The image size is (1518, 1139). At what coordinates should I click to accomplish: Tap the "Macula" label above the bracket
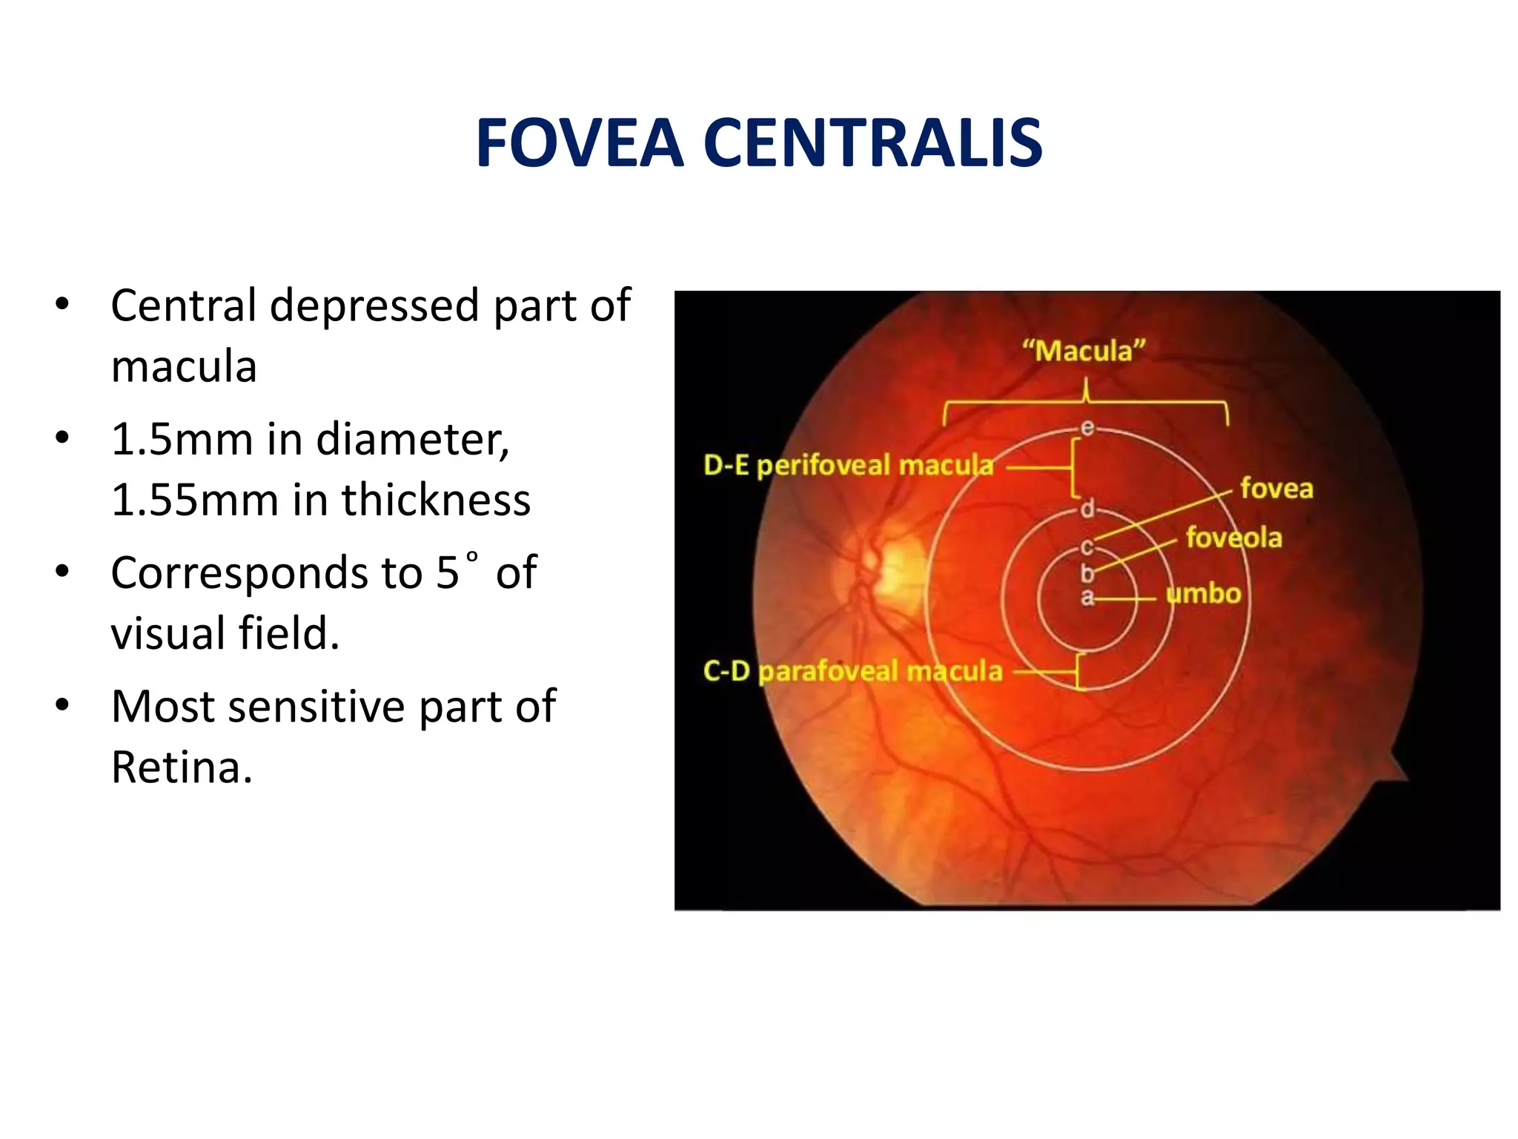click(1084, 351)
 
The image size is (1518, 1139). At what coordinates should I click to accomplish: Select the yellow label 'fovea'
click(1276, 489)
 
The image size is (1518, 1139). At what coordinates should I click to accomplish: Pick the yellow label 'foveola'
click(1233, 538)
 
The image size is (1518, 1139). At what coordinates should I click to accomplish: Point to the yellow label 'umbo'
click(1203, 593)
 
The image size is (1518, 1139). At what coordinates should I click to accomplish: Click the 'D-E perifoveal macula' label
click(848, 466)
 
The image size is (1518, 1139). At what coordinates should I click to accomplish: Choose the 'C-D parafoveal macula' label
click(852, 671)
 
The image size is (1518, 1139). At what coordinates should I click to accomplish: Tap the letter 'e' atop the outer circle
click(1087, 427)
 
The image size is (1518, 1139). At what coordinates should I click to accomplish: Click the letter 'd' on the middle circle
click(1087, 509)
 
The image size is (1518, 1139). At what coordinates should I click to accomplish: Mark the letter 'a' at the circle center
click(1087, 597)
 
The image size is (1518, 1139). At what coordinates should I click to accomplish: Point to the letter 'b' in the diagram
click(1087, 572)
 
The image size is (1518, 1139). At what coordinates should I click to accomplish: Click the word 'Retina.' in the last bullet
click(182, 767)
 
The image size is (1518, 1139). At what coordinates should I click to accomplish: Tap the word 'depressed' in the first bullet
click(374, 306)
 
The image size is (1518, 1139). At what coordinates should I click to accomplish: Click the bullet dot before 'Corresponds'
click(62, 572)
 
